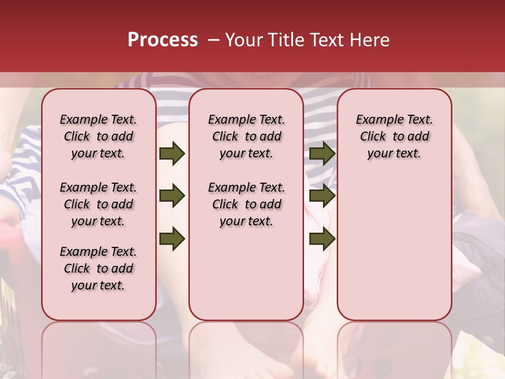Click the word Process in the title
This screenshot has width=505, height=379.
[163, 40]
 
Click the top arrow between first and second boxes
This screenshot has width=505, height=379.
[172, 154]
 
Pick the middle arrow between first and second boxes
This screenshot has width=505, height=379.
[172, 196]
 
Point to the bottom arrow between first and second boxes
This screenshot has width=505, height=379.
[172, 238]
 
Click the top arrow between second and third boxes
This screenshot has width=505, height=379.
[322, 154]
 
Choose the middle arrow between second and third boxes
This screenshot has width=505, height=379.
[322, 196]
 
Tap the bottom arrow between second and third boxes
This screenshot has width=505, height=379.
[322, 238]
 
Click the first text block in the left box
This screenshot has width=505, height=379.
[98, 136]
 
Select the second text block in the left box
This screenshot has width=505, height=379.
[98, 204]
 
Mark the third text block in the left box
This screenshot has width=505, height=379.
[98, 268]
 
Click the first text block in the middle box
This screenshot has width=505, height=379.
[246, 136]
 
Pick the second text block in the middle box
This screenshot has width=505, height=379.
[246, 204]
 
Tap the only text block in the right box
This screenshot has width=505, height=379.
[394, 136]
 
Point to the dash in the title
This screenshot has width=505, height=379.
[213, 40]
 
